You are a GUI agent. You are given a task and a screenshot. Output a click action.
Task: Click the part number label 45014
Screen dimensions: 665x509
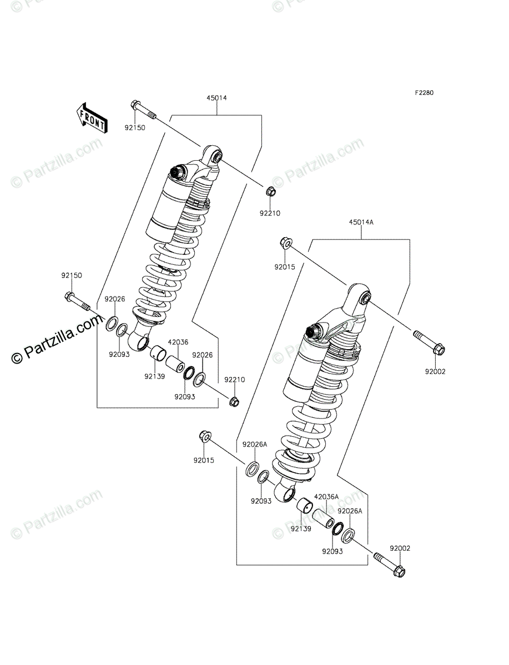216,98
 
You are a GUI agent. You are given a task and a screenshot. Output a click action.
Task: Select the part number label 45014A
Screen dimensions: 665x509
361,222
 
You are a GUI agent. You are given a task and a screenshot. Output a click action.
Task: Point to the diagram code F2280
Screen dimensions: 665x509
422,93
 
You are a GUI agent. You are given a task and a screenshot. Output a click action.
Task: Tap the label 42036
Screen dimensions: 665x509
178,342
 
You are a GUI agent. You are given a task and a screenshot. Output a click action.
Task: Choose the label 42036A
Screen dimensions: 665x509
326,497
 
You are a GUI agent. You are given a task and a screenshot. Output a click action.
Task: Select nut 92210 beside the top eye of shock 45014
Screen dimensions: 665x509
270,192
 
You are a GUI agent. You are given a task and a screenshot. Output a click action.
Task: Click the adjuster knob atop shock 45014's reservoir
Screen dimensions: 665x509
178,172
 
